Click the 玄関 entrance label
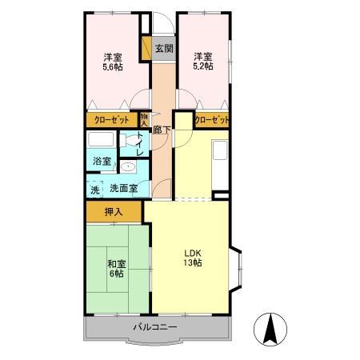point(164,49)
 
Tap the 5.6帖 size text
point(113,66)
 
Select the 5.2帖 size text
point(203,66)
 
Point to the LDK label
point(193,253)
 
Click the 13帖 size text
point(193,262)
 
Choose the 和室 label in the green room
point(117,264)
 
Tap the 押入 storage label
point(114,212)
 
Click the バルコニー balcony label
point(155,326)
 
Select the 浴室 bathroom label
point(102,161)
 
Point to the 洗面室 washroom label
point(124,188)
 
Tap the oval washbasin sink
point(127,167)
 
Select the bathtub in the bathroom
point(101,139)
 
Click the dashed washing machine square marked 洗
point(94,189)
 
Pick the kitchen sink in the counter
point(220,150)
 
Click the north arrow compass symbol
point(270,329)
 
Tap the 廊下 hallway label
point(162,130)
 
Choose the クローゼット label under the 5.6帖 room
point(112,120)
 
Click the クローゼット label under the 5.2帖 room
point(212,120)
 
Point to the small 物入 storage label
point(144,120)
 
